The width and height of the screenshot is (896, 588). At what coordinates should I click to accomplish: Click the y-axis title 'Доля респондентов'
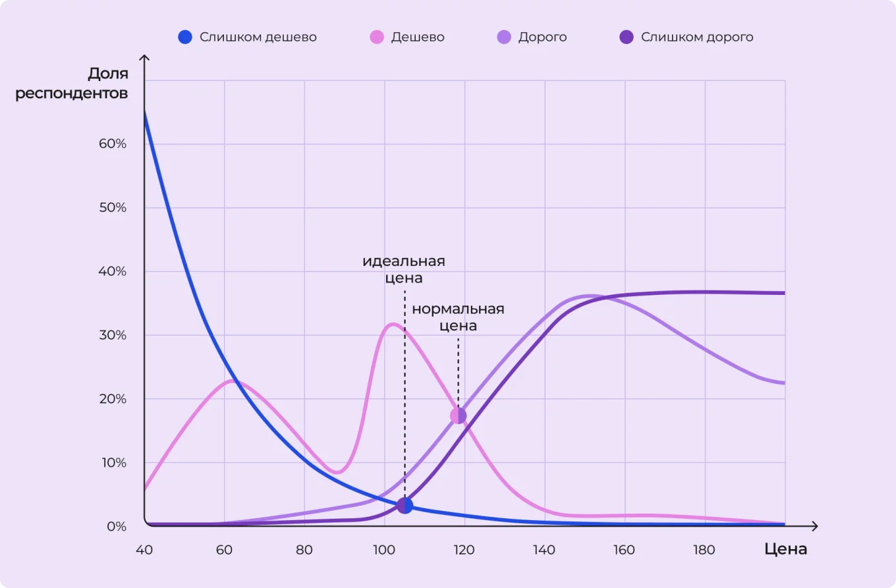tap(72, 83)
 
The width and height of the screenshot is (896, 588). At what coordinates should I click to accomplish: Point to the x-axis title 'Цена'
tap(786, 548)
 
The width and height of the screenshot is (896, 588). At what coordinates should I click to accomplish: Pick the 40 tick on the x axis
tap(144, 550)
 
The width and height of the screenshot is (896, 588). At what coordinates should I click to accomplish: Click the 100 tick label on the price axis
tap(384, 550)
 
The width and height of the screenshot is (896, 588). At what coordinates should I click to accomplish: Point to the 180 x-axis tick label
tap(704, 550)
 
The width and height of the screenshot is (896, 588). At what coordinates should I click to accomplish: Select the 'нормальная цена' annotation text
tap(458, 317)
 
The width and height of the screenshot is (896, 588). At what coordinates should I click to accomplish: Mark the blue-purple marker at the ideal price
tap(405, 506)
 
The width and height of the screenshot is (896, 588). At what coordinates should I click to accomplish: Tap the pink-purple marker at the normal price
tap(458, 415)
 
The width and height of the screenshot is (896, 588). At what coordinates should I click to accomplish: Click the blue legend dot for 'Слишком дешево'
tap(185, 37)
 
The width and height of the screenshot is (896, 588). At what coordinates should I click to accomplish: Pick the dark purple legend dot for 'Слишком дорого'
tap(627, 37)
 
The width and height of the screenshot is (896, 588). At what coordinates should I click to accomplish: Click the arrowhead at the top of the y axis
tap(144, 59)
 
